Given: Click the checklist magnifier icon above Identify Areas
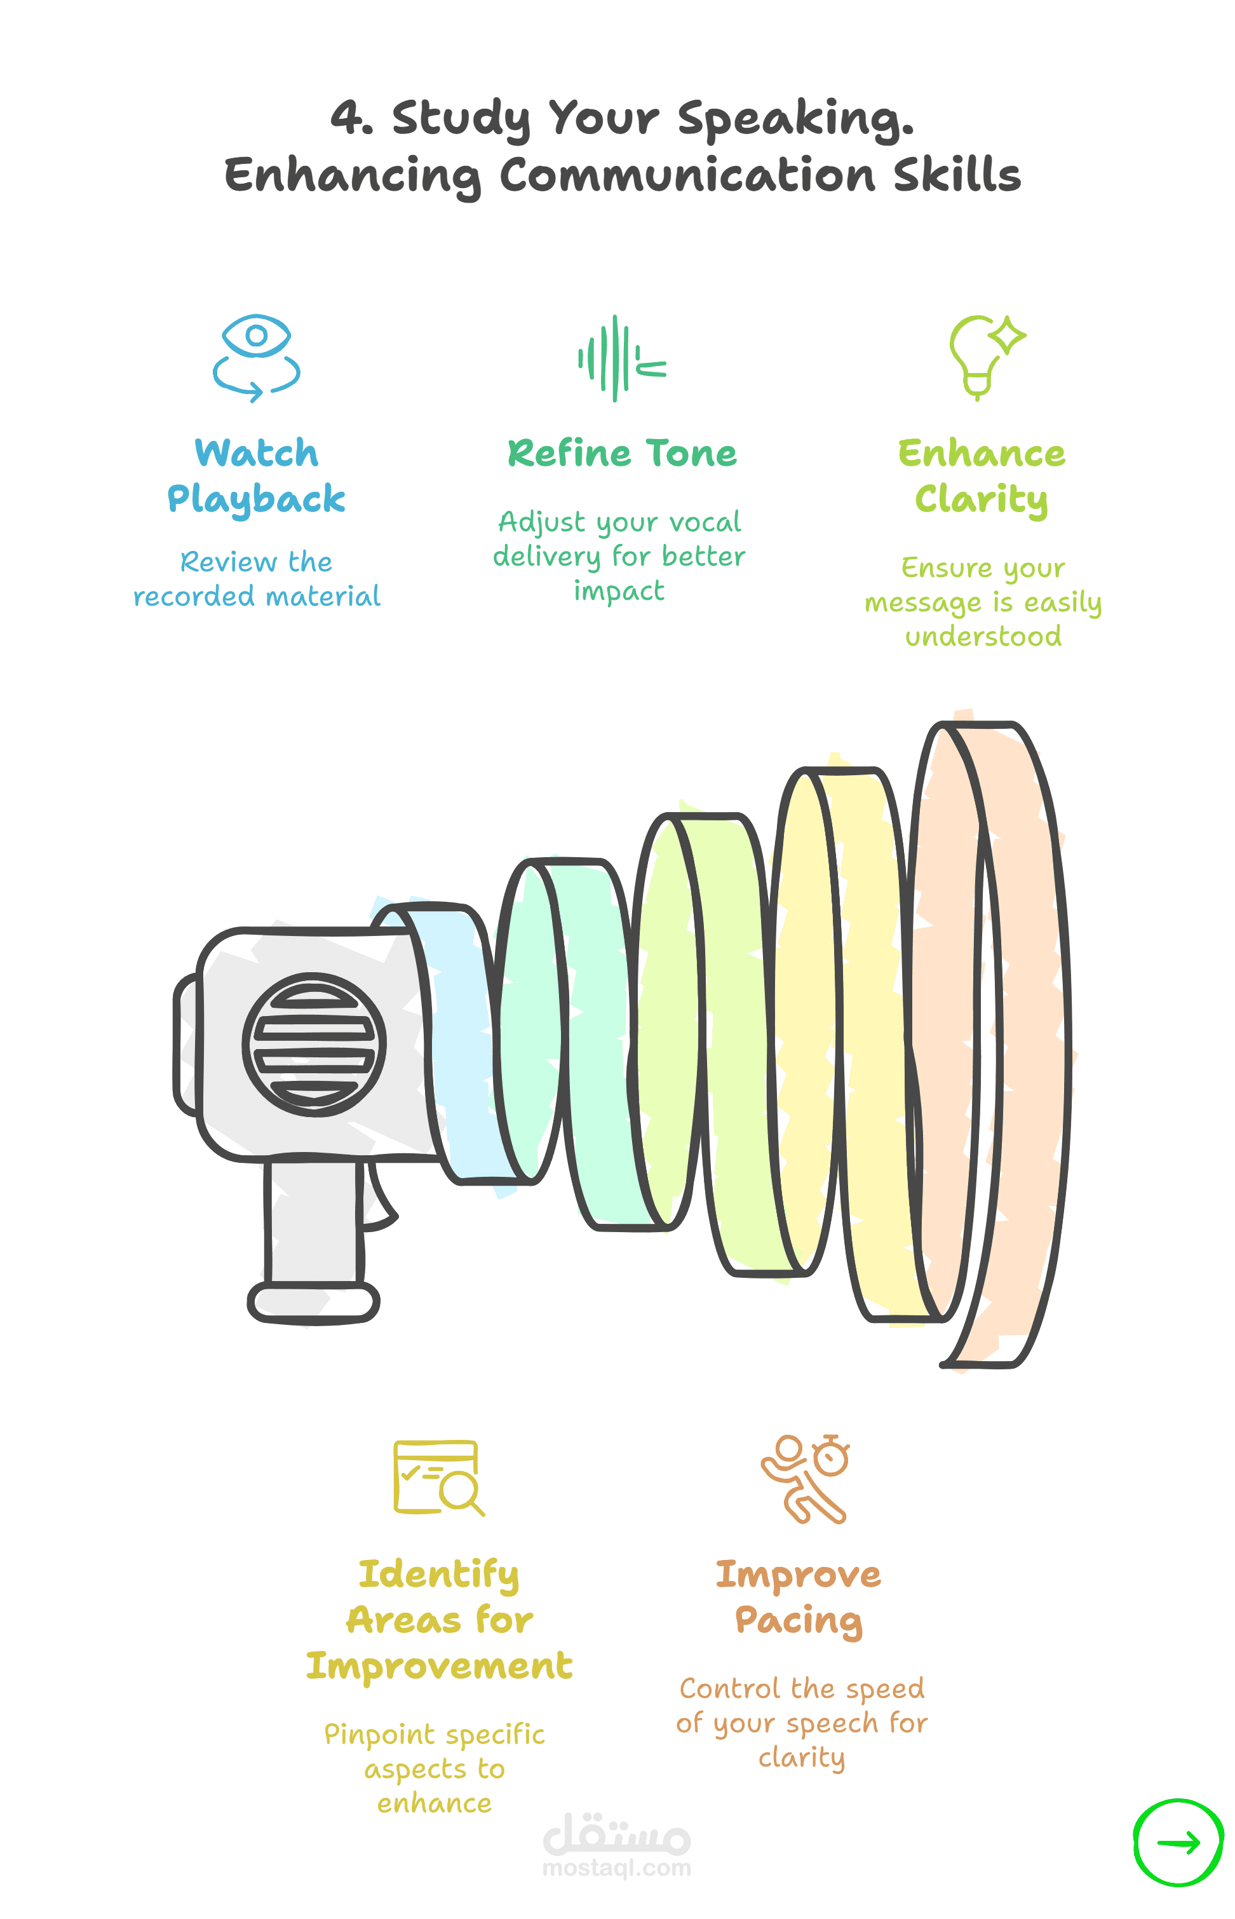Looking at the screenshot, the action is pos(438,1477).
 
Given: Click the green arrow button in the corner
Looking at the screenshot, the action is pos(1178,1841).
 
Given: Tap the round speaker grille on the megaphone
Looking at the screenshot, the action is pos(314,1044).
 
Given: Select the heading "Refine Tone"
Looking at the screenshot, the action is pos(623,453).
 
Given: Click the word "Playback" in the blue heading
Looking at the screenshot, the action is pos(257,499).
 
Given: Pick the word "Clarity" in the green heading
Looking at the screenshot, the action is pos(982,499).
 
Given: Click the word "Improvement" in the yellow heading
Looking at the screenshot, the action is pos(440,1665).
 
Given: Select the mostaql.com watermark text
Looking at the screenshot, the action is pos(617,1868).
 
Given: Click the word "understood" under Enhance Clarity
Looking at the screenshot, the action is pos(983,637).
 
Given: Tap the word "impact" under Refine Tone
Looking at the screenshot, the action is pos(619,591).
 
